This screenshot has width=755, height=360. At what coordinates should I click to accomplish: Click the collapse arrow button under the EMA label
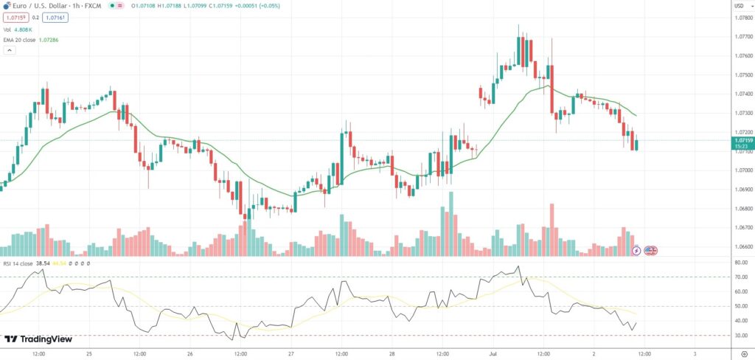(x=10, y=50)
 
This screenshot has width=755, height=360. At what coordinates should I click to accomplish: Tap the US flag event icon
(x=651, y=251)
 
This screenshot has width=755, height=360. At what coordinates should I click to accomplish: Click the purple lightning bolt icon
(x=637, y=251)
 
